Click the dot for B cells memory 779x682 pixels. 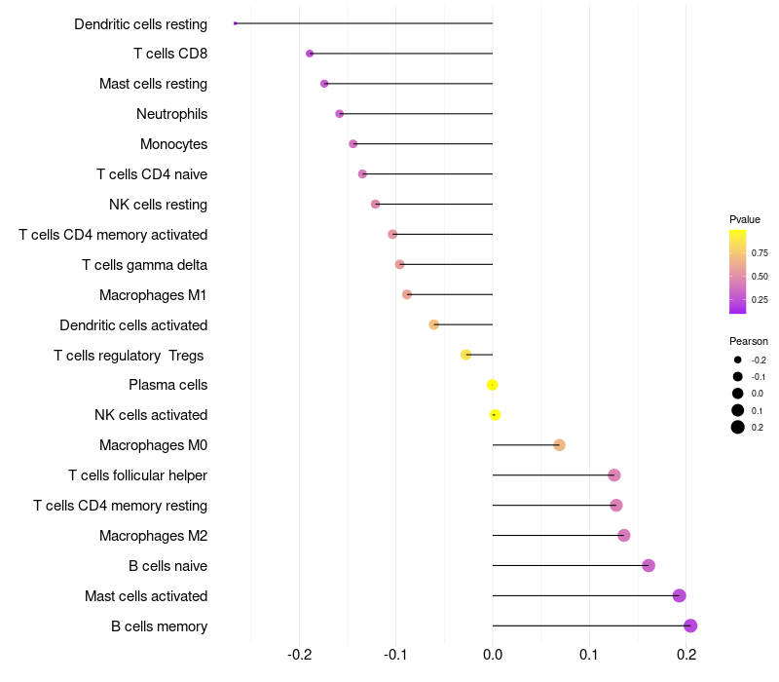690,625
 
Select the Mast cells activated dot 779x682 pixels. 680,595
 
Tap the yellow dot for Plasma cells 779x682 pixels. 493,385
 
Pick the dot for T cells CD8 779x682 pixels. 310,54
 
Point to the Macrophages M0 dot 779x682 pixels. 559,445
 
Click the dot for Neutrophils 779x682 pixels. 339,114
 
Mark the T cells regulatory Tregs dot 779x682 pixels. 466,355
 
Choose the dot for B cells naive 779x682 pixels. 649,565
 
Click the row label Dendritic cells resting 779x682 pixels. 141,23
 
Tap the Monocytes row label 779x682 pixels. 173,144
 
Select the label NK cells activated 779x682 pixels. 151,415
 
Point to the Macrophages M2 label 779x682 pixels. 153,536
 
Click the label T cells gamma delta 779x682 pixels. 144,265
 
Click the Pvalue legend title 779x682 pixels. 745,219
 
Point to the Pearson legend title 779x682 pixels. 749,341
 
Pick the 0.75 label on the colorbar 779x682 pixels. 760,252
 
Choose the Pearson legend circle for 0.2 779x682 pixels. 738,427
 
